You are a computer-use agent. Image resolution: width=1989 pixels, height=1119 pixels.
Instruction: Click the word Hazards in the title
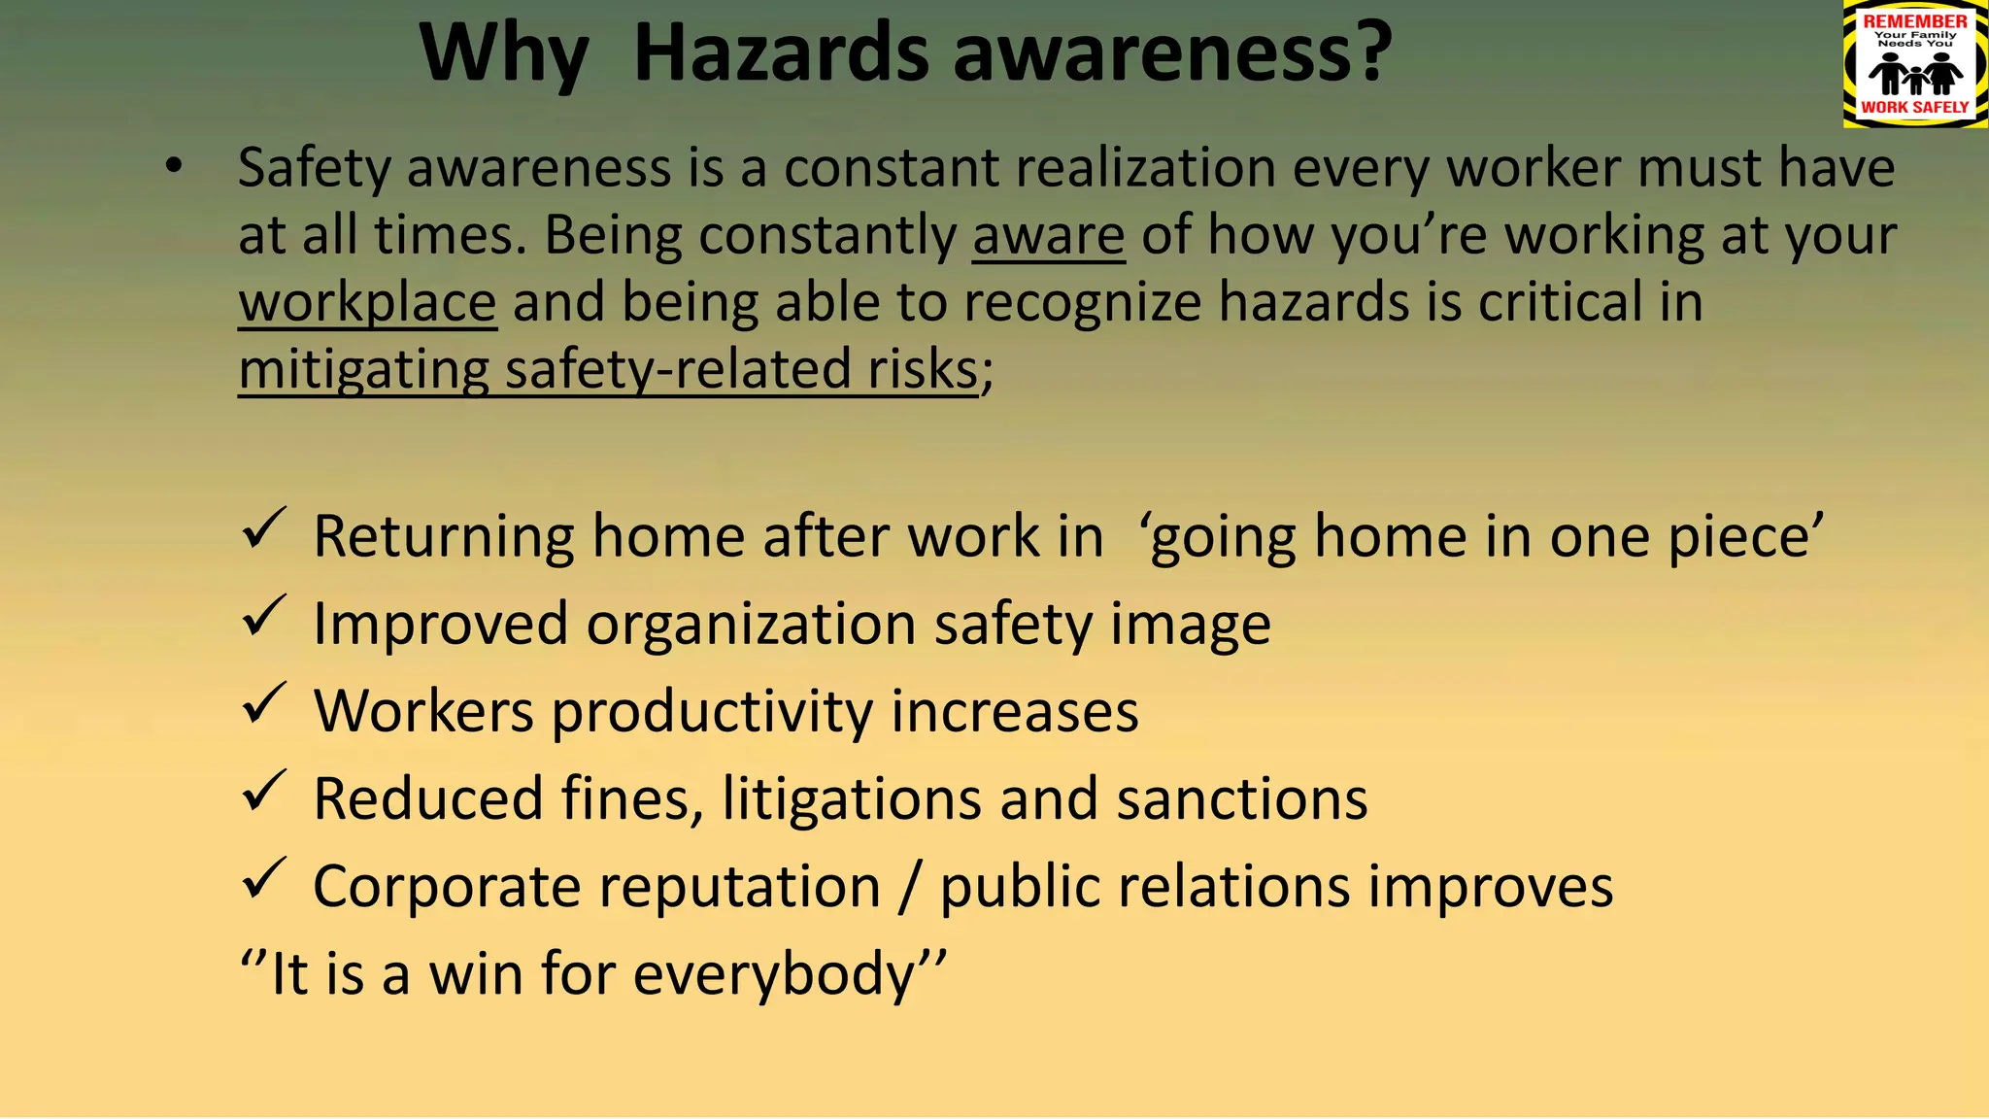[x=782, y=53]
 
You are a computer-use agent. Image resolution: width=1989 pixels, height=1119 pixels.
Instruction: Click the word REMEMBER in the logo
[x=1915, y=20]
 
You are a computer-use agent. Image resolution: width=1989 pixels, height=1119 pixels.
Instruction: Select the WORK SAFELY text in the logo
[x=1915, y=107]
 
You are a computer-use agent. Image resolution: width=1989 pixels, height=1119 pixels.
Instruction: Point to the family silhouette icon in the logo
[x=1915, y=73]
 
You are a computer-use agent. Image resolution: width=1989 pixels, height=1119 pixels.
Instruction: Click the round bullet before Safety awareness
[x=173, y=167]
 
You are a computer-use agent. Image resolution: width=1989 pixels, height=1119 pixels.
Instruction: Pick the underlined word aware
[x=1048, y=235]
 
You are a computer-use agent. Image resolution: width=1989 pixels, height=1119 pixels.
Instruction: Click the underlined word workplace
[x=367, y=302]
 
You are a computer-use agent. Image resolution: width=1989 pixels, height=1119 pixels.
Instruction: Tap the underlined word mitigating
[x=363, y=370]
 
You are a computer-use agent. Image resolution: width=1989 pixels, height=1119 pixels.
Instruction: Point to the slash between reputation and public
[x=910, y=887]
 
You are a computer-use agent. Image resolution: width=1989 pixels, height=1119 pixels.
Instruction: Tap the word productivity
[x=712, y=712]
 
